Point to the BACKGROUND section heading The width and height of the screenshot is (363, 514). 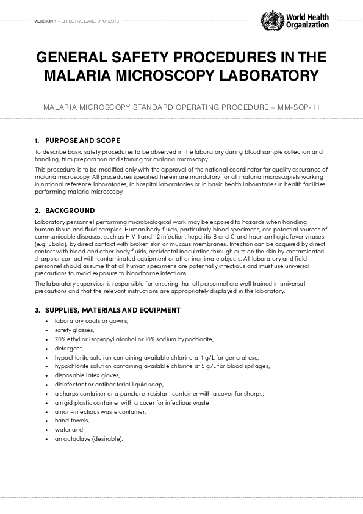click(x=70, y=211)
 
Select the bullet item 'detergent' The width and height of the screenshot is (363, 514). click(x=68, y=348)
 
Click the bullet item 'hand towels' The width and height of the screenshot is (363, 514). click(x=72, y=421)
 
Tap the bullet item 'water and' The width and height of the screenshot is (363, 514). click(x=68, y=429)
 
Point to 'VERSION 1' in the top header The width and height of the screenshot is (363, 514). click(x=45, y=21)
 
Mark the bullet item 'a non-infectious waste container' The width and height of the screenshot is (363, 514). click(x=100, y=411)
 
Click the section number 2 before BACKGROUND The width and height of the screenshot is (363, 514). click(x=38, y=211)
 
